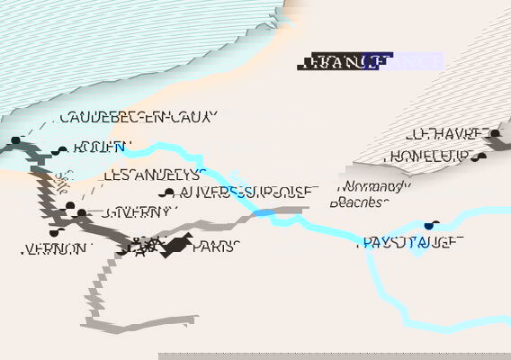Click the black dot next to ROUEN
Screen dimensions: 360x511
coord(62,150)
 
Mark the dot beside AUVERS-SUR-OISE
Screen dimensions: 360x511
coord(166,193)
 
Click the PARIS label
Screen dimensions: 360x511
coord(216,247)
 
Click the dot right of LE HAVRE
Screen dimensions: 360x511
coord(495,134)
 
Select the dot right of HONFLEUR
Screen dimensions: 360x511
coord(483,157)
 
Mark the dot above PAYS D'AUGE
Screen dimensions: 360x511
coord(430,225)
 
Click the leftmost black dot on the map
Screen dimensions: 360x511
coord(15,140)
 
